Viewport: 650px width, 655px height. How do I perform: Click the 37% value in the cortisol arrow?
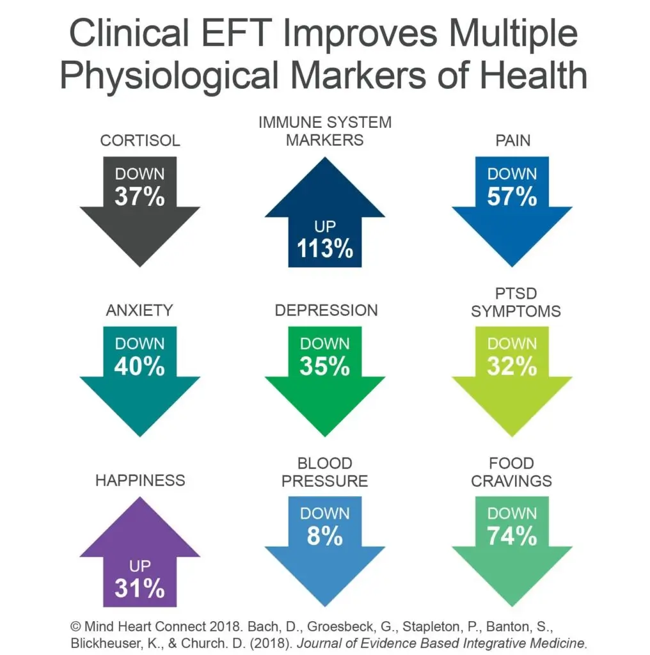[139, 196]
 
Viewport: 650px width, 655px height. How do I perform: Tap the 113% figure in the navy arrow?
[325, 248]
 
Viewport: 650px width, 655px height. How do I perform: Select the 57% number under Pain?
[512, 196]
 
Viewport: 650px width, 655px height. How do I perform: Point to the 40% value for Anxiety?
[139, 367]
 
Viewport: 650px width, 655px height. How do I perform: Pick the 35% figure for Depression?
[325, 367]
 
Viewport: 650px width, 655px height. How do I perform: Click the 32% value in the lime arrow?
[512, 367]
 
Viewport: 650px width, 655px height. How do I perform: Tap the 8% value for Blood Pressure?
[325, 536]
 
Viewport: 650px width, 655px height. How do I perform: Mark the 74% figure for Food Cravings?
[512, 536]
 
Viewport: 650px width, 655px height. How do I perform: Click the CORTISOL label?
[140, 140]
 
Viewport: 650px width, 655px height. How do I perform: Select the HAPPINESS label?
[140, 480]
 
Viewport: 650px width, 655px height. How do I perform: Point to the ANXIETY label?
[139, 310]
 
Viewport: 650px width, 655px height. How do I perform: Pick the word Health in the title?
[534, 76]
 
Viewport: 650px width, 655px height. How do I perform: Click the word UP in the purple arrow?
[139, 566]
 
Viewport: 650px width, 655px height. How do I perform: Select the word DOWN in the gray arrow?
[139, 174]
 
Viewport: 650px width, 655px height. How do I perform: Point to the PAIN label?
[512, 140]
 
